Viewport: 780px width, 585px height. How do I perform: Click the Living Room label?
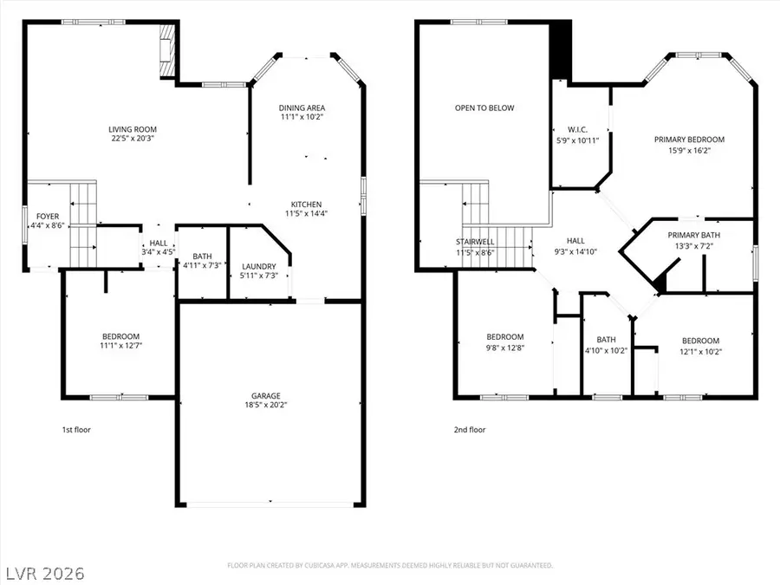click(133, 130)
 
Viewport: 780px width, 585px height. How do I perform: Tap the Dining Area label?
click(302, 108)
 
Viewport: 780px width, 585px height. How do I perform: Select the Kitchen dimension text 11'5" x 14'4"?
click(306, 213)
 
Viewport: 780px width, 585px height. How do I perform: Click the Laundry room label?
click(259, 266)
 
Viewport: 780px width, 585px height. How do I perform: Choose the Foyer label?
click(47, 216)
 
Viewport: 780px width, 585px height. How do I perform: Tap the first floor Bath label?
click(202, 257)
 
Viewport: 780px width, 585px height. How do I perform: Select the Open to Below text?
click(484, 108)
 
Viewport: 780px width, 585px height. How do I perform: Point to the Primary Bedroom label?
click(689, 140)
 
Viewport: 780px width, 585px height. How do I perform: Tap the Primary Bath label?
click(693, 235)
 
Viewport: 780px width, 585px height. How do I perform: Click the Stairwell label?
click(474, 242)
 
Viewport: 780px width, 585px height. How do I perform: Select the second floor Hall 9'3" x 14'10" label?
click(575, 241)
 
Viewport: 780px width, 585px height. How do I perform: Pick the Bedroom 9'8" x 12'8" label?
click(504, 337)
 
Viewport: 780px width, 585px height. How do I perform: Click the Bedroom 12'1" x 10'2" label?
click(699, 341)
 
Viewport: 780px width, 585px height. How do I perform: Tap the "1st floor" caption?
click(76, 429)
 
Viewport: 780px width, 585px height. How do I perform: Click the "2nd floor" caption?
click(470, 429)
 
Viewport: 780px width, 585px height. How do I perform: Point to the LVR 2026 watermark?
click(42, 573)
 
